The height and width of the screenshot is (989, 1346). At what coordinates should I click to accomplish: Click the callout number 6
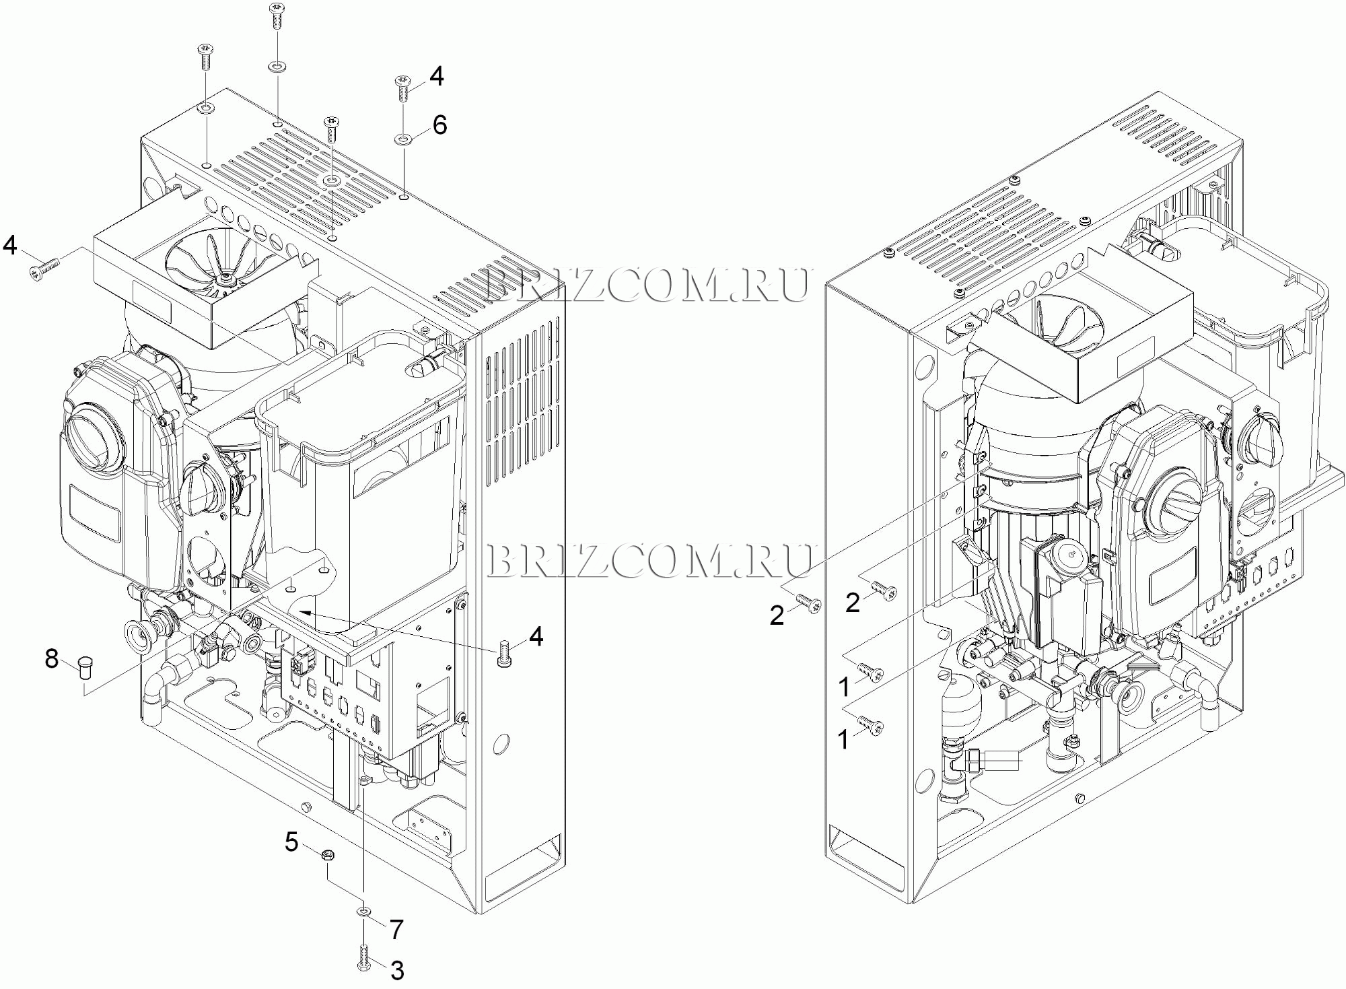[439, 125]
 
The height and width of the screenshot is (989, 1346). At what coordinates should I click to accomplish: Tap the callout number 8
[52, 658]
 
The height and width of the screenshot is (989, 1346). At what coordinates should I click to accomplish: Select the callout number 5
[291, 842]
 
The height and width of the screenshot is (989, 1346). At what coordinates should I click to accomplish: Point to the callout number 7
[396, 930]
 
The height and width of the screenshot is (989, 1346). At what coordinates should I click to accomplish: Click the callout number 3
[397, 970]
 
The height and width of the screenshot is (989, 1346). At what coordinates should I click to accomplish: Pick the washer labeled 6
[404, 139]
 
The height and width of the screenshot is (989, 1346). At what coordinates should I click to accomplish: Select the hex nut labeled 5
[329, 856]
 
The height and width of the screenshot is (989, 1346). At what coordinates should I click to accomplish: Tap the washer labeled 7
[363, 911]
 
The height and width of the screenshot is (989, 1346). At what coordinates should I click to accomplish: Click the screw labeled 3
[363, 956]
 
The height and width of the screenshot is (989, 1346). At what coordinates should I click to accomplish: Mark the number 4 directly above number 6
[437, 77]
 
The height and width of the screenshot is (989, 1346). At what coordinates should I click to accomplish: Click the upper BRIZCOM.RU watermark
[647, 285]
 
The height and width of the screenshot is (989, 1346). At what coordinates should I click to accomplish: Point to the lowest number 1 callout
[843, 740]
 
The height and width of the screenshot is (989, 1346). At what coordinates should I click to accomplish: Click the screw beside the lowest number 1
[870, 726]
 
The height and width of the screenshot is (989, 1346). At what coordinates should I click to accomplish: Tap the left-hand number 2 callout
[777, 615]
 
